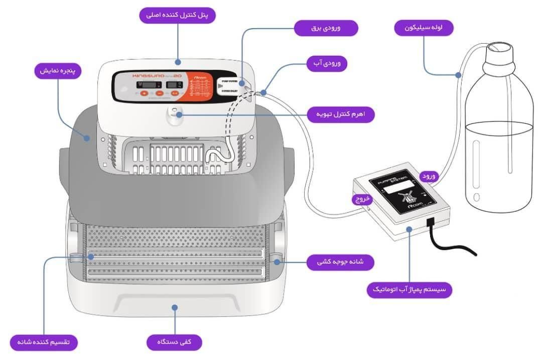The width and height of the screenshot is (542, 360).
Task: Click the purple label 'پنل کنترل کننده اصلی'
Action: (177, 15)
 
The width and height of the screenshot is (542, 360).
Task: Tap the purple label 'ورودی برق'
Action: (326, 28)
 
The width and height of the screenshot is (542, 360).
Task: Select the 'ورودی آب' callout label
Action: (327, 64)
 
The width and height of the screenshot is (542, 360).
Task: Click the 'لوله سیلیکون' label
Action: (424, 28)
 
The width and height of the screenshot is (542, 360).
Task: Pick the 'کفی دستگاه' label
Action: (175, 342)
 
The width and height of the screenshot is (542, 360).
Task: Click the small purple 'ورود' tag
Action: (430, 176)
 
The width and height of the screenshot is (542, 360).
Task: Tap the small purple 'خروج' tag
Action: (361, 199)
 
